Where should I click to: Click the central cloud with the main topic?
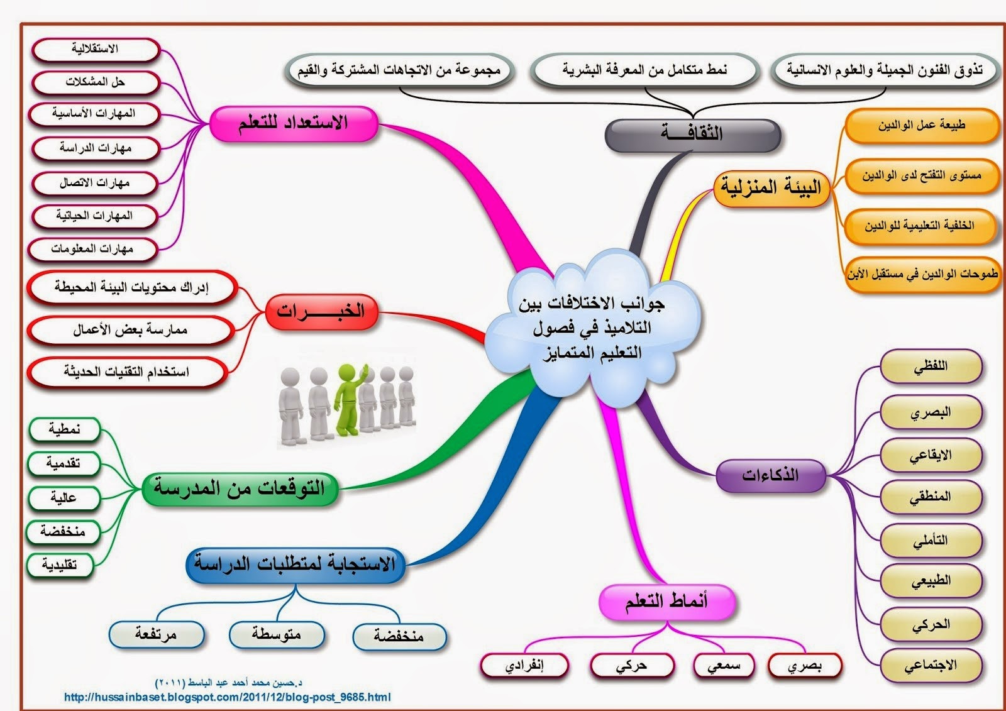click(x=591, y=327)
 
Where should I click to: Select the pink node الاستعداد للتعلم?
click(x=293, y=123)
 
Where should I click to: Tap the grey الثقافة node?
click(x=692, y=134)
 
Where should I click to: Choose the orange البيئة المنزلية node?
click(x=771, y=187)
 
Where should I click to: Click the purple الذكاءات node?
click(x=770, y=475)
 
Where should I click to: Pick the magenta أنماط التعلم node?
click(x=666, y=602)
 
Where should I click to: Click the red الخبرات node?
click(x=321, y=311)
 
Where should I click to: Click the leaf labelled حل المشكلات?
click(x=95, y=82)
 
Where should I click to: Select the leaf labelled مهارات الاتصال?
click(x=95, y=183)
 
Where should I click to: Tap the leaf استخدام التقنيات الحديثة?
click(x=126, y=372)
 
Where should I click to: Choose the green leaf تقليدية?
click(x=60, y=565)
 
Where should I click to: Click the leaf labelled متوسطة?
click(x=276, y=634)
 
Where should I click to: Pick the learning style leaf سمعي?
click(x=724, y=666)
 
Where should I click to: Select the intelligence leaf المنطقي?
click(x=931, y=497)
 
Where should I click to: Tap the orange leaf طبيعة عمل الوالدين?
click(x=922, y=126)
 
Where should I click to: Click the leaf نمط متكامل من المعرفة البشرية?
click(x=644, y=70)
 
